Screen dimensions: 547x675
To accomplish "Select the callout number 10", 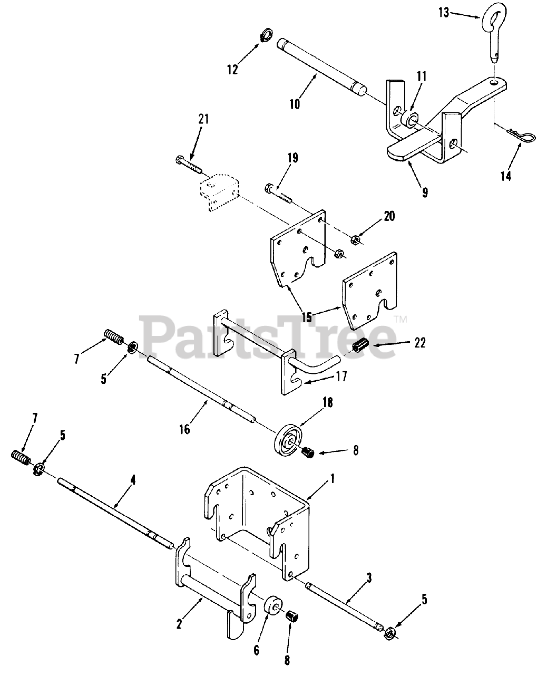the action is pyautogui.click(x=295, y=103).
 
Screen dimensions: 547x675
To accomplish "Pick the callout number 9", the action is pyautogui.click(x=425, y=192).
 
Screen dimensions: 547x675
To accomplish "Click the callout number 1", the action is pyautogui.click(x=332, y=479).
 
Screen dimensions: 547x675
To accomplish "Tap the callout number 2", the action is pyautogui.click(x=179, y=624).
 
